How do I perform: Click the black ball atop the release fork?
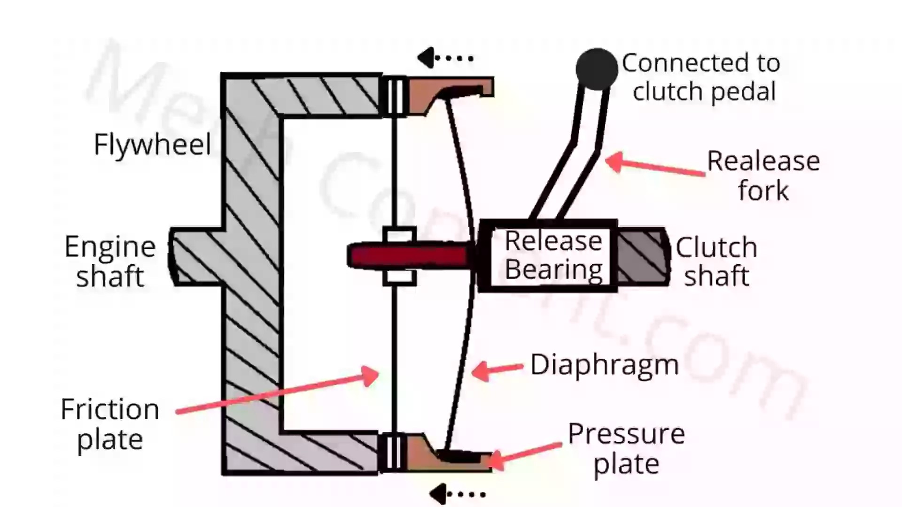(597, 69)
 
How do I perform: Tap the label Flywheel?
(152, 144)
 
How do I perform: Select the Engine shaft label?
(110, 261)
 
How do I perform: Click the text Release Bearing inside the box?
(553, 256)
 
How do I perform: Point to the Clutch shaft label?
(716, 261)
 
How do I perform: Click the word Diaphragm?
(605, 364)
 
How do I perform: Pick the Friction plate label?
(110, 424)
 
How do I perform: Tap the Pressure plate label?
(626, 448)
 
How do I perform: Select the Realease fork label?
(763, 175)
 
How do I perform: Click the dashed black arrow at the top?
(445, 58)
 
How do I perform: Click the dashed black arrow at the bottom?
(457, 494)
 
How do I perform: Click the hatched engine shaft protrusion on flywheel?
(195, 256)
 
